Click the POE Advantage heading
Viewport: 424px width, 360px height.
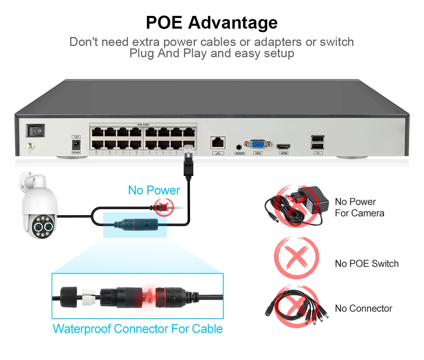pos(212,23)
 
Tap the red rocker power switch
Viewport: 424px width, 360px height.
pos(35,131)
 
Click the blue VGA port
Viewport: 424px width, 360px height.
pos(258,144)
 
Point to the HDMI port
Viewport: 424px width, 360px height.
pos(283,146)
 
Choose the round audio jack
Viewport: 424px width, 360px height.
pos(239,147)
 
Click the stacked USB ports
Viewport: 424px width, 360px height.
pos(318,142)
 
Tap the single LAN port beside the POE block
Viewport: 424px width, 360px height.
pos(218,143)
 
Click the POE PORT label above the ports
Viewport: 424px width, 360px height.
pos(143,125)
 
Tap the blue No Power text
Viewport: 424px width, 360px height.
pos(154,190)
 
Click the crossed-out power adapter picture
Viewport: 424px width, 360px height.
pos(297,206)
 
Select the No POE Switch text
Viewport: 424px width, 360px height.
pos(366,264)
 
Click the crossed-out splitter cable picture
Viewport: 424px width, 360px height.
pos(297,307)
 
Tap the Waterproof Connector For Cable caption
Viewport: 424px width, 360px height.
pos(137,329)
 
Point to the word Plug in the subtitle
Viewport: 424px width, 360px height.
pos(141,53)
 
